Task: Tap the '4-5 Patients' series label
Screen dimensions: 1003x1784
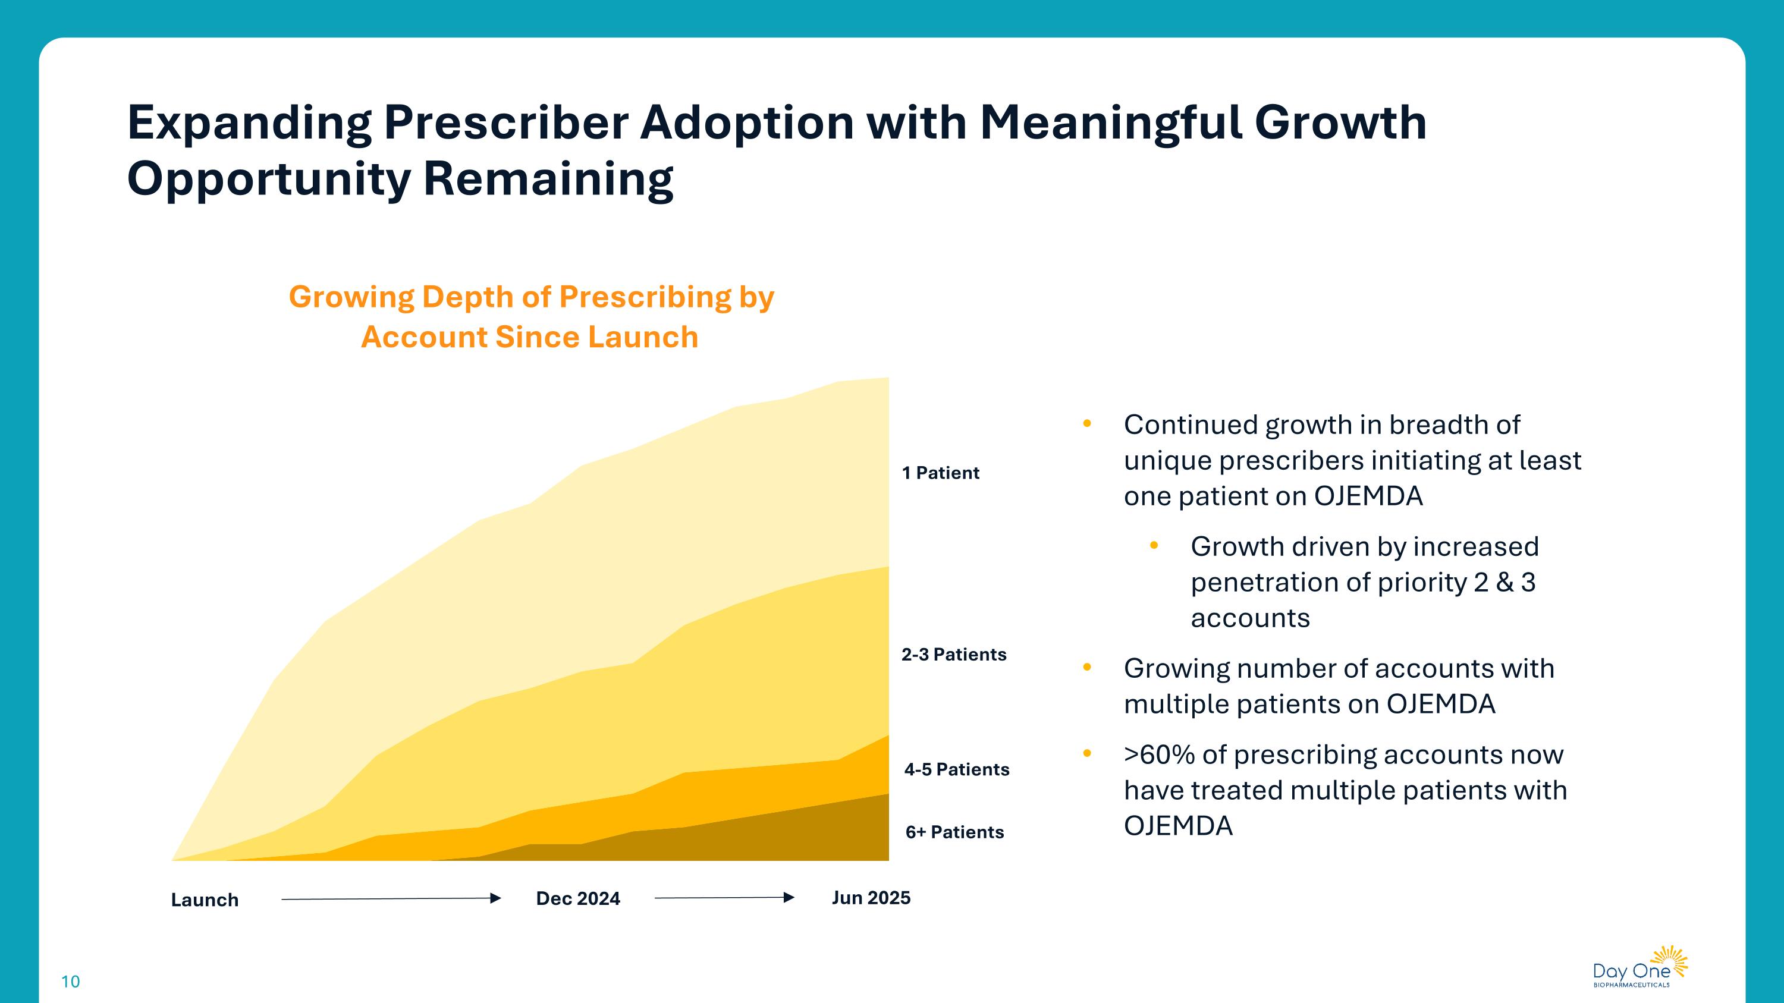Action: [956, 769]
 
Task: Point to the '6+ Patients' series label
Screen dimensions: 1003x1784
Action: [954, 831]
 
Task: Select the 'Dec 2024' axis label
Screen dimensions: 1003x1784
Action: [577, 898]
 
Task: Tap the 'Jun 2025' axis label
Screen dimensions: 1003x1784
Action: [871, 897]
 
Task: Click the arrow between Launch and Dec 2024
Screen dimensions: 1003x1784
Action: [391, 898]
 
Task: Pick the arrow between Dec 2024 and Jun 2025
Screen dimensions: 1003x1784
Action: [724, 898]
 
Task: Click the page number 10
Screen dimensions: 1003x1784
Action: [71, 981]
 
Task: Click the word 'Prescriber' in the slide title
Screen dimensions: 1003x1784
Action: [505, 122]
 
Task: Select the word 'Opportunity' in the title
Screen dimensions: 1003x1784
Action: [268, 178]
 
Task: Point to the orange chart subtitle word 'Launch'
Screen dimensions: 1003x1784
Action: [643, 337]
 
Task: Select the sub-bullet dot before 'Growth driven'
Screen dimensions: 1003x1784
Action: [1154, 545]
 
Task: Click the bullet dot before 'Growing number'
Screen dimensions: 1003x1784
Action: [1086, 667]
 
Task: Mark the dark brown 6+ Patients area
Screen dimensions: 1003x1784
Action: [762, 838]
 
